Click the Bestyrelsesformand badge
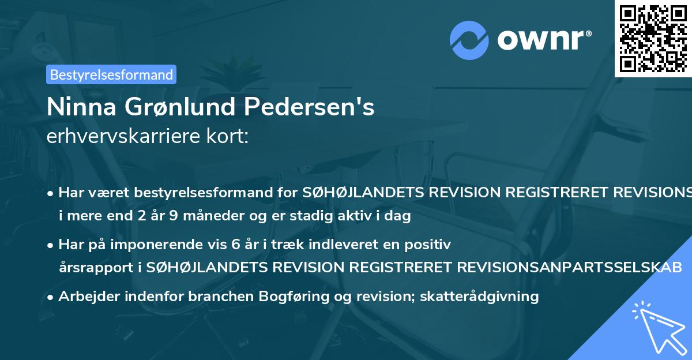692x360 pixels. tap(111, 74)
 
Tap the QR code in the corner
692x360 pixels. tap(653, 38)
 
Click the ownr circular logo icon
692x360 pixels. tap(469, 40)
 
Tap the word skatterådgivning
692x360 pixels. tap(480, 297)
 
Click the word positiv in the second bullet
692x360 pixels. tap(428, 244)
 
